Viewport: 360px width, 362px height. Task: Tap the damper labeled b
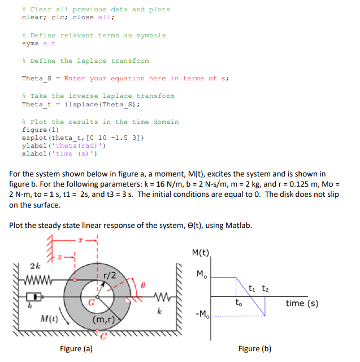tap(34, 296)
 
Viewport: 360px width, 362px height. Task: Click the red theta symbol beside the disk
tap(143, 287)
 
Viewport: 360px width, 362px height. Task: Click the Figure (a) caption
tap(76, 349)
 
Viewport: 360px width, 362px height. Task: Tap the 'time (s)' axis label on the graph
tap(302, 303)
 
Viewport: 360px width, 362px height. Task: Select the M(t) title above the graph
tap(200, 252)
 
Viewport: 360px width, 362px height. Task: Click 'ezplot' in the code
tap(34, 138)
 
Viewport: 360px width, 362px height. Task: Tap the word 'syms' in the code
tap(31, 44)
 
